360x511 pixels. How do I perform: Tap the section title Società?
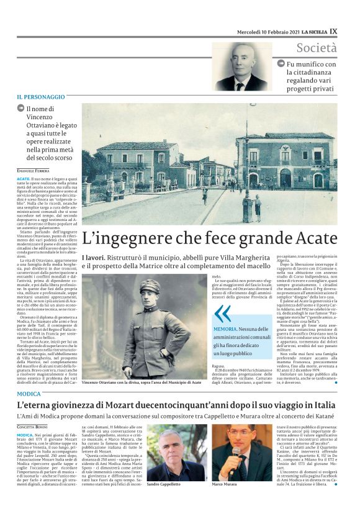tap(316, 48)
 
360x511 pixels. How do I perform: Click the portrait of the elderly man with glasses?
tap(242, 66)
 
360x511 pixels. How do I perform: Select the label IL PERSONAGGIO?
tap(40, 97)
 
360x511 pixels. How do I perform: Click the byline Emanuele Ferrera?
tap(33, 170)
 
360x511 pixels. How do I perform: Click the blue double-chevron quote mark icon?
tap(222, 312)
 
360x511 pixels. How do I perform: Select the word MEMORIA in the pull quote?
tap(225, 328)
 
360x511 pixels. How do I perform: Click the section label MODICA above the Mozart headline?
tap(29, 394)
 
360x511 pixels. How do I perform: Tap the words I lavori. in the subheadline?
tap(93, 256)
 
